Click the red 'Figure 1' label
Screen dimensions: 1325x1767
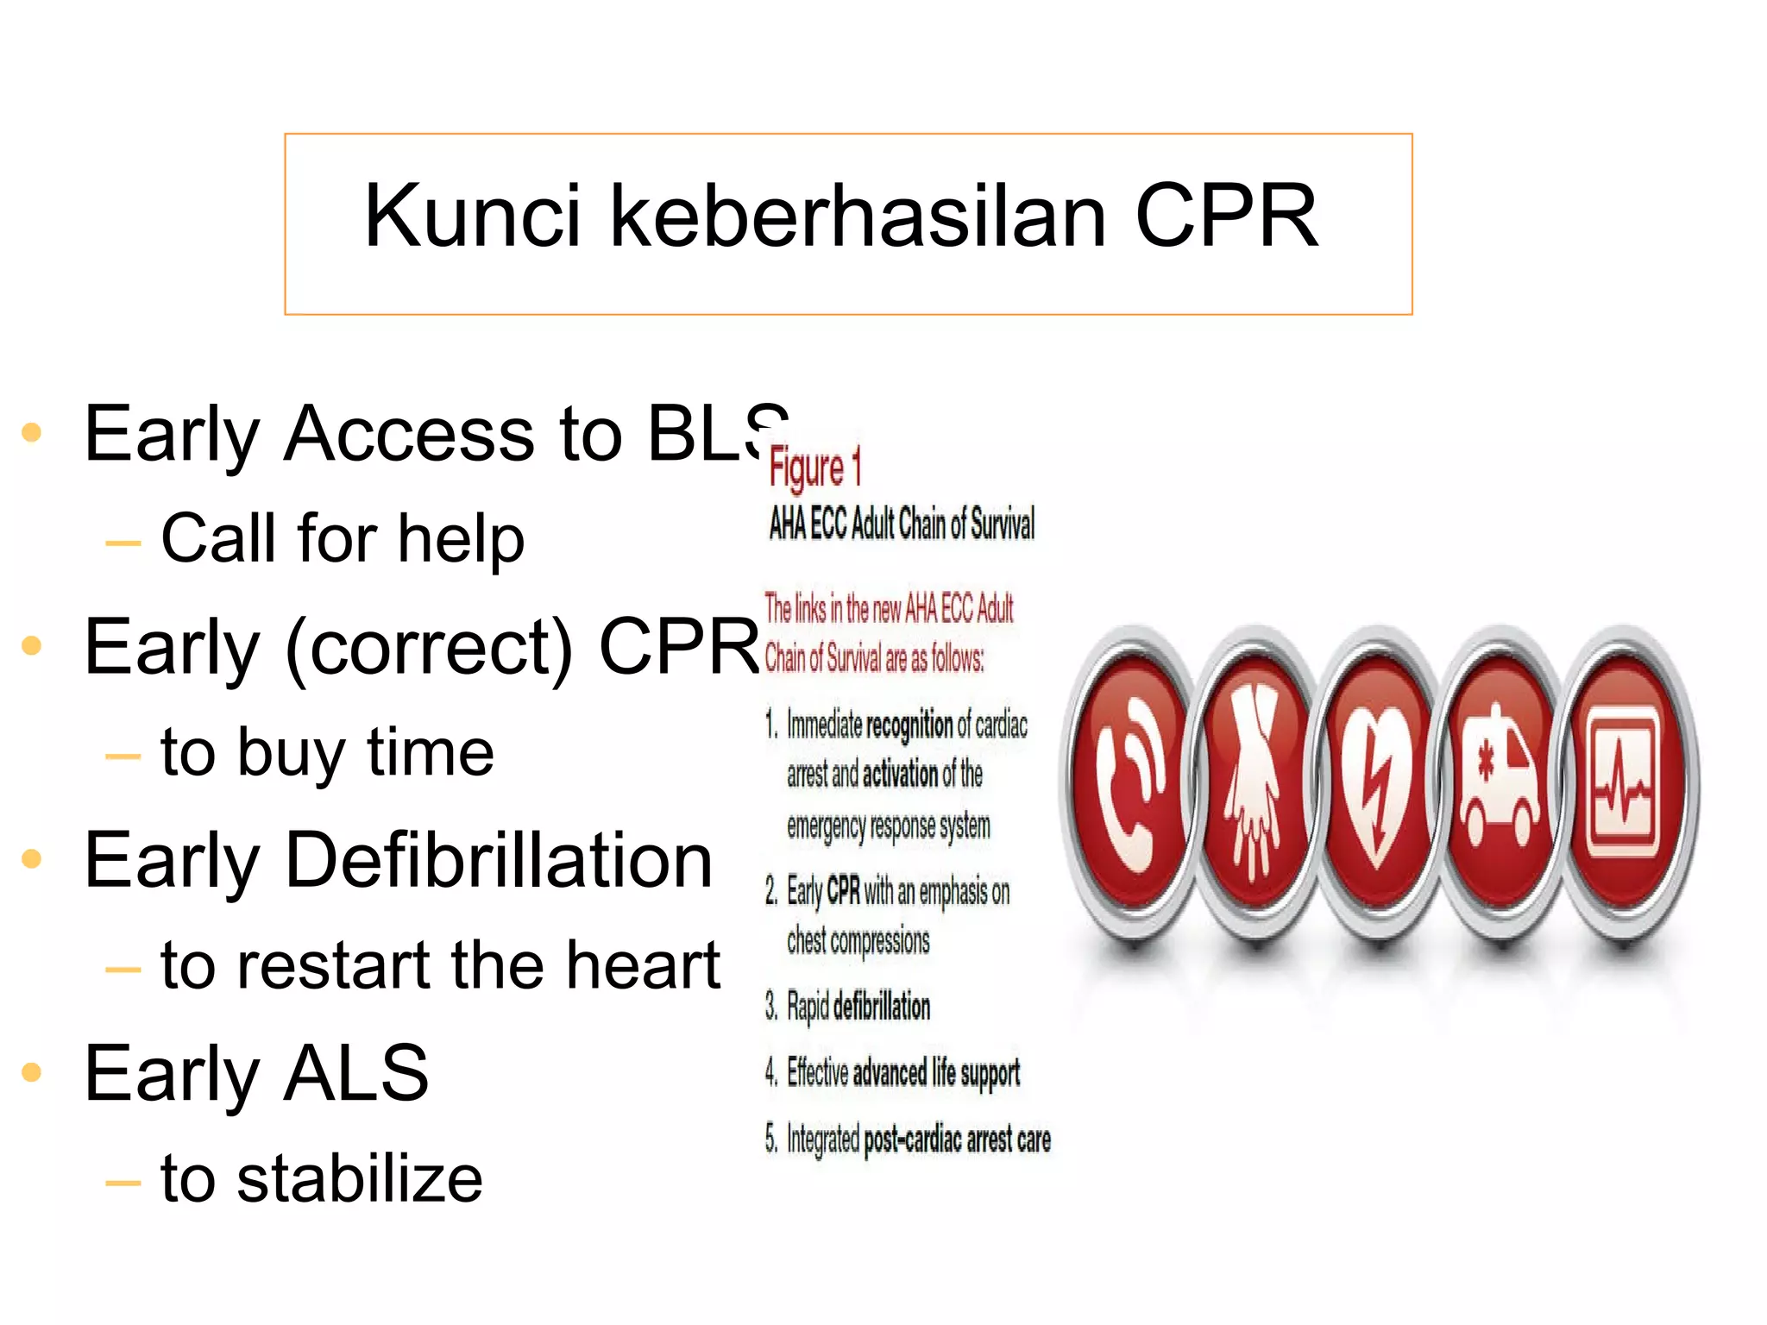(x=814, y=468)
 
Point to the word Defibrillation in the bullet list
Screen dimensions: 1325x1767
(x=499, y=860)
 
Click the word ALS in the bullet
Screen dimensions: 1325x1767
(x=355, y=1073)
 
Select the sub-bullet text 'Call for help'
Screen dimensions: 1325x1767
(x=343, y=538)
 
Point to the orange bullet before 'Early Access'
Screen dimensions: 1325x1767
(x=32, y=432)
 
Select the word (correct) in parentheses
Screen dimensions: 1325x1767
(x=429, y=648)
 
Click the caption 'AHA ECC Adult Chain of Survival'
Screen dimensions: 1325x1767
(x=902, y=524)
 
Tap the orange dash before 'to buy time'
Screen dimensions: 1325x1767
(x=123, y=757)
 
